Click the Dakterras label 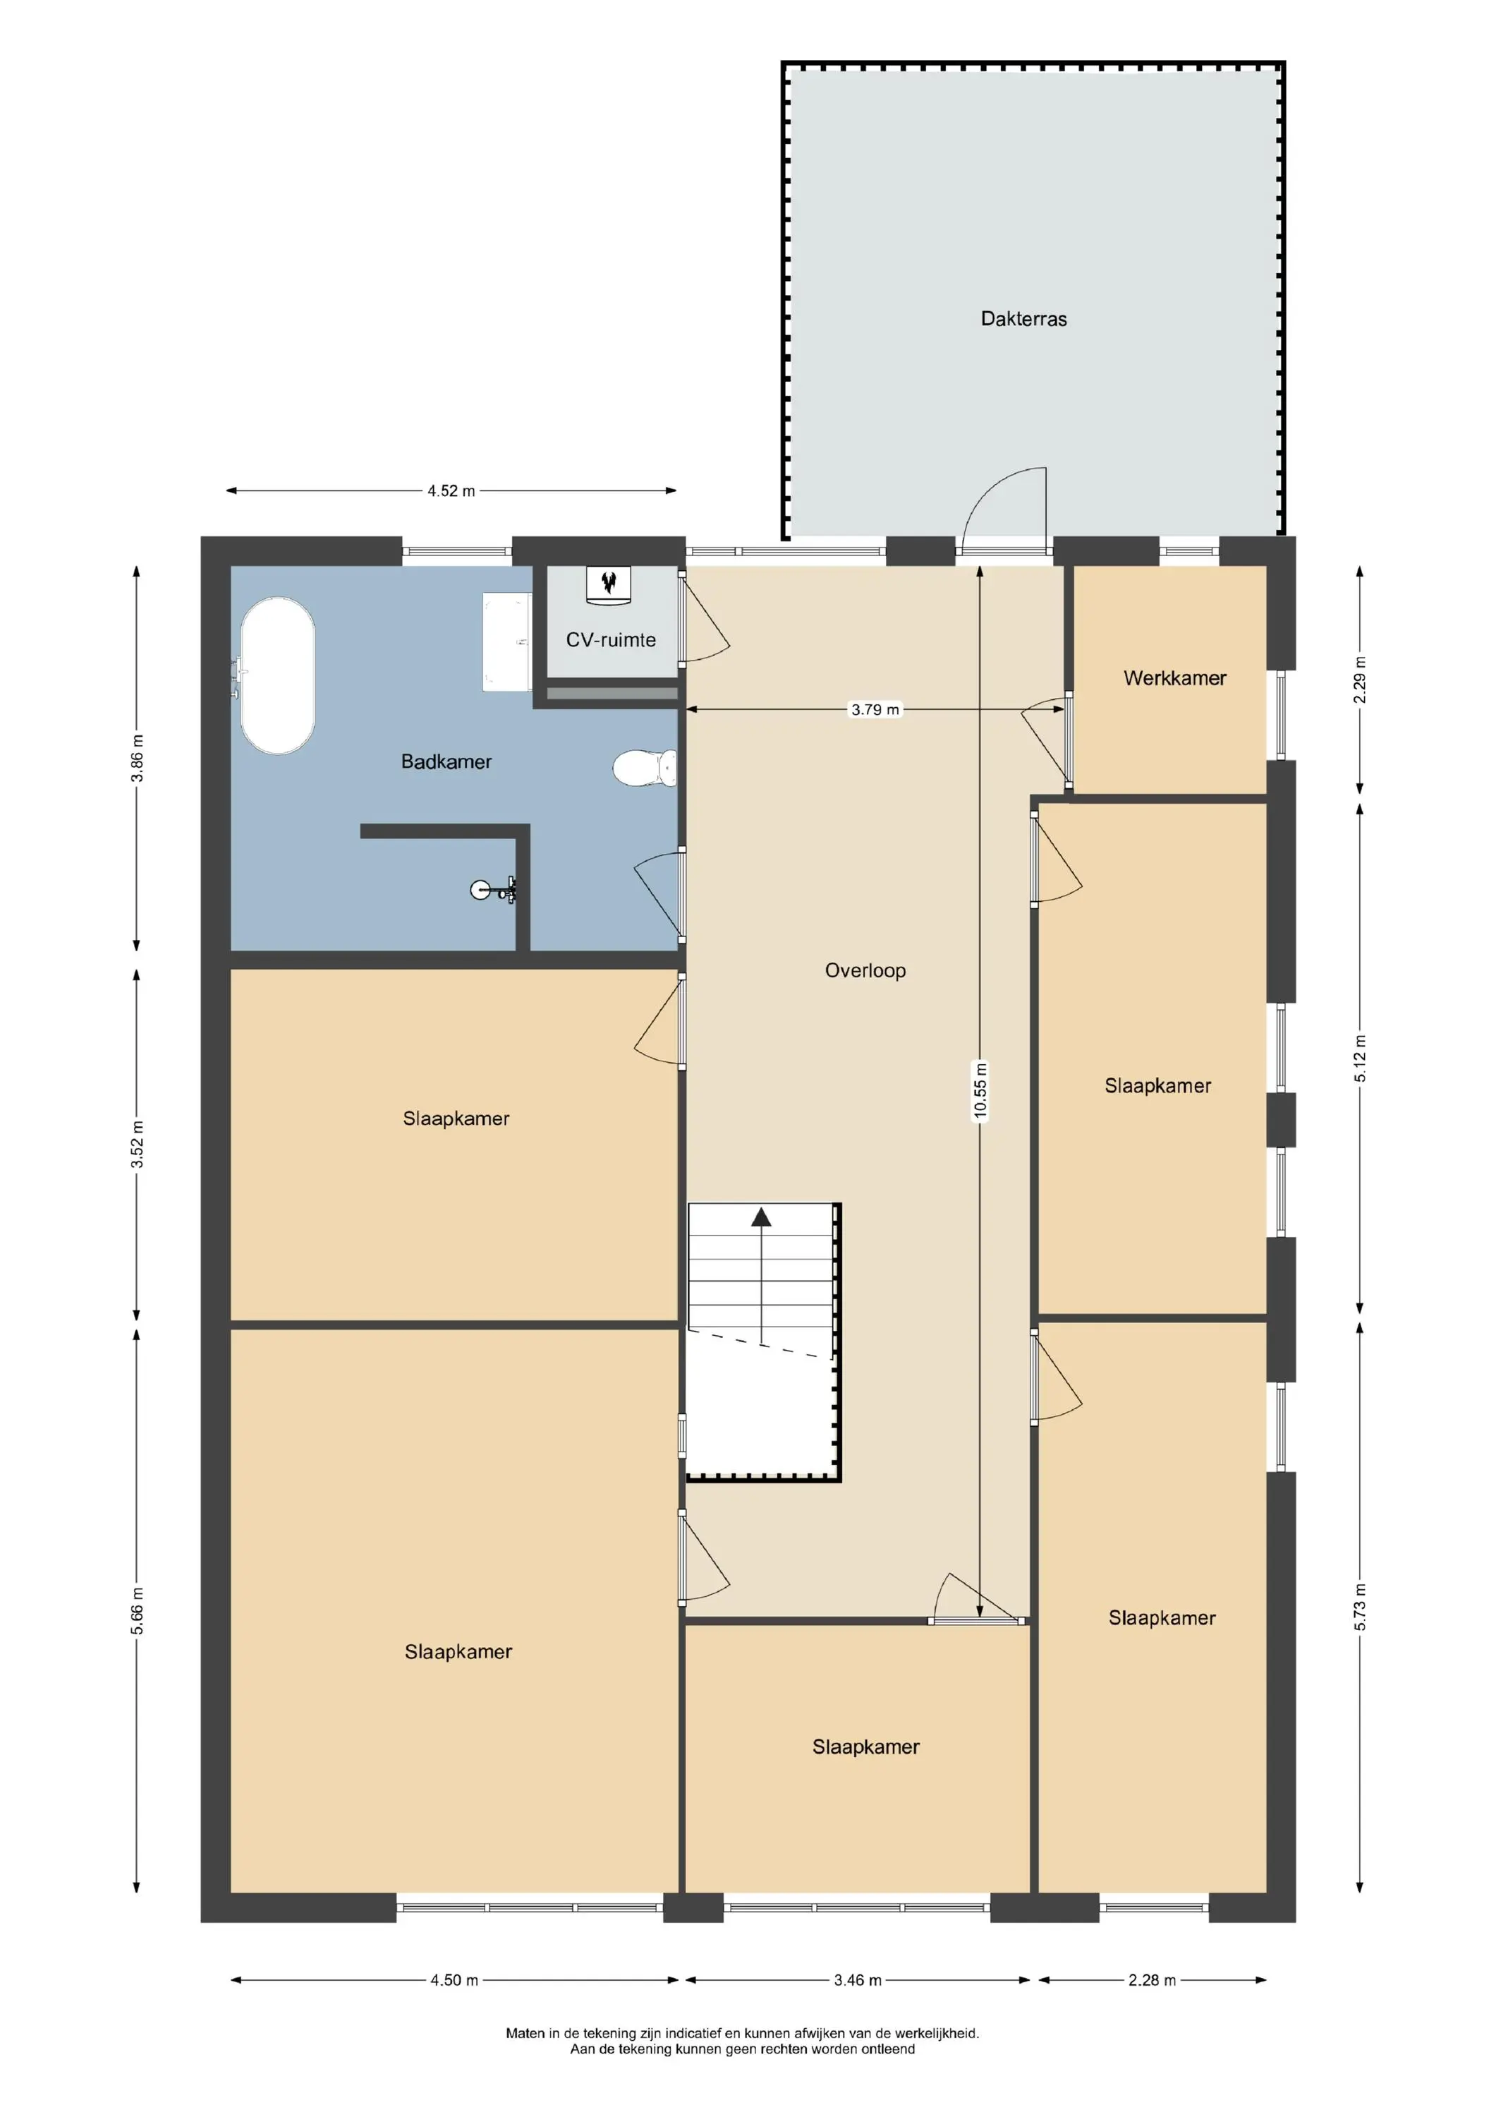pyautogui.click(x=1023, y=319)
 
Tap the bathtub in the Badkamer pyautogui.click(x=276, y=676)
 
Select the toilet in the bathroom pyautogui.click(x=645, y=767)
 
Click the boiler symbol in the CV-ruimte pyautogui.click(x=609, y=584)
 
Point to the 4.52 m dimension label pyautogui.click(x=451, y=491)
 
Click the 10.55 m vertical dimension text pyautogui.click(x=980, y=1091)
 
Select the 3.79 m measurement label pyautogui.click(x=875, y=710)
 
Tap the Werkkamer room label pyautogui.click(x=1174, y=679)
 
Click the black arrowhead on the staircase pyautogui.click(x=761, y=1217)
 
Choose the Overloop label pyautogui.click(x=865, y=970)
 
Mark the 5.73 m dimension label pyautogui.click(x=1360, y=1606)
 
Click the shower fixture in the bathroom pyautogui.click(x=492, y=891)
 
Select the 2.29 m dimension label pyautogui.click(x=1360, y=680)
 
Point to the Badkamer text pyautogui.click(x=446, y=761)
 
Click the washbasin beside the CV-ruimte pyautogui.click(x=507, y=641)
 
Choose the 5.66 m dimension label pyautogui.click(x=136, y=1611)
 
